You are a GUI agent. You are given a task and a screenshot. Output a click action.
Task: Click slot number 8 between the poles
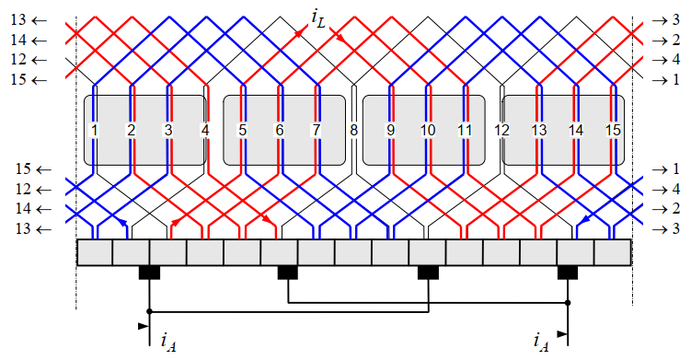353,131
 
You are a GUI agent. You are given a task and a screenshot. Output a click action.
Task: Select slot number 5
242,131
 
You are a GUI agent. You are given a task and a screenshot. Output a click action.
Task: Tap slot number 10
427,131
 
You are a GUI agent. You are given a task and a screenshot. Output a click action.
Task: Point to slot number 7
317,131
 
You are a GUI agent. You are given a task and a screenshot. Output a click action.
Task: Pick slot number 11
465,131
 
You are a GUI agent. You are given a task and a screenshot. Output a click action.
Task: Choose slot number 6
279,131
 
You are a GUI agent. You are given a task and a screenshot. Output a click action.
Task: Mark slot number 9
390,131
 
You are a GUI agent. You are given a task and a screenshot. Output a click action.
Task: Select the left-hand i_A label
167,343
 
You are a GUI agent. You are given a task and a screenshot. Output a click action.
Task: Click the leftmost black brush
149,273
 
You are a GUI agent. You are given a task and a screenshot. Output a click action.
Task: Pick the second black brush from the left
288,273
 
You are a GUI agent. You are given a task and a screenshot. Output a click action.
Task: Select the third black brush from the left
428,273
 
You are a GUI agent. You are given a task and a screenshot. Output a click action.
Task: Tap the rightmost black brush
567,273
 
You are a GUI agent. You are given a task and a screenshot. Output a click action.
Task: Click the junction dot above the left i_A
149,311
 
